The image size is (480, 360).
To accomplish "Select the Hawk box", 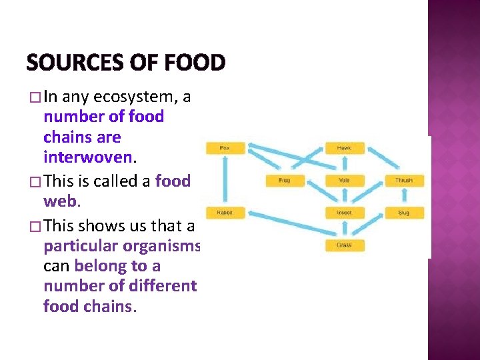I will click(x=344, y=148).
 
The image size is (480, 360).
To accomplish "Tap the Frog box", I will click(x=285, y=181).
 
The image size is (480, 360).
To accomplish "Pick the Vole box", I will click(x=344, y=181).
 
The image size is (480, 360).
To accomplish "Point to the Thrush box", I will click(x=403, y=181).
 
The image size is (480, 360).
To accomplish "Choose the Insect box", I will click(x=344, y=213).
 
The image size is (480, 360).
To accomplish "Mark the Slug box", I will click(x=403, y=213).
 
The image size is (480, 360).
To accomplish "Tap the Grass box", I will click(x=344, y=245).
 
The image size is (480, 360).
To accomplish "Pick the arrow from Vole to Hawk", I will click(x=344, y=164).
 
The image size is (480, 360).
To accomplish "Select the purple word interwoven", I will click(x=87, y=159).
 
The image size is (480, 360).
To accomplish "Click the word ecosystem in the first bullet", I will click(x=133, y=97).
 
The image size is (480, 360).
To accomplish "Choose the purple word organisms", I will click(x=160, y=245).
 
